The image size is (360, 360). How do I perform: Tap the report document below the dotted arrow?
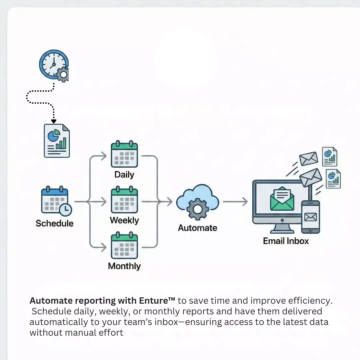(57, 140)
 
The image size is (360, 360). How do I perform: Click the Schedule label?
(55, 223)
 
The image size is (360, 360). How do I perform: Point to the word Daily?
(124, 175)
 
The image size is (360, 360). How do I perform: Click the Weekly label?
(124, 220)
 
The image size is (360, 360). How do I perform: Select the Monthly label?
(124, 266)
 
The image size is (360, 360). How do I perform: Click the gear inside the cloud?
(197, 209)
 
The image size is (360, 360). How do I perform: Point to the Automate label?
(197, 228)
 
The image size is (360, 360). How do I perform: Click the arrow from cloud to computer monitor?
(235, 202)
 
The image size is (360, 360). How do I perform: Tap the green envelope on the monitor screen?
(282, 199)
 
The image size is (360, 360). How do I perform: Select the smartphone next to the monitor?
(310, 217)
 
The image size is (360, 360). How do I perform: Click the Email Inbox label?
(286, 241)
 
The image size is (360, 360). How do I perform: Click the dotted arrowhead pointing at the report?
(54, 121)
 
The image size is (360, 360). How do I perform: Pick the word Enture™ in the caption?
(157, 301)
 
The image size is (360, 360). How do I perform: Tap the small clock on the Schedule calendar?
(65, 209)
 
